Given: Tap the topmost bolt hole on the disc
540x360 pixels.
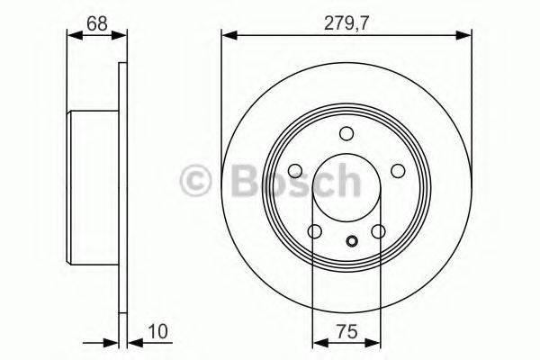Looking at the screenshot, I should pyautogui.click(x=346, y=134).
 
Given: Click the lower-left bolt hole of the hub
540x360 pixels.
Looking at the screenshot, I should pyautogui.click(x=314, y=232).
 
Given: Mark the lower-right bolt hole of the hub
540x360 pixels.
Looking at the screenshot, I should pyautogui.click(x=378, y=232).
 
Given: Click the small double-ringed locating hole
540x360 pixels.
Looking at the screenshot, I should pyautogui.click(x=351, y=240).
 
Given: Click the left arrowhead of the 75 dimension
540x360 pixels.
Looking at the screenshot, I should pyautogui.click(x=318, y=342).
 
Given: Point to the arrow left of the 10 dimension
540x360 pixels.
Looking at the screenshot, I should pyautogui.click(x=111, y=342).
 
